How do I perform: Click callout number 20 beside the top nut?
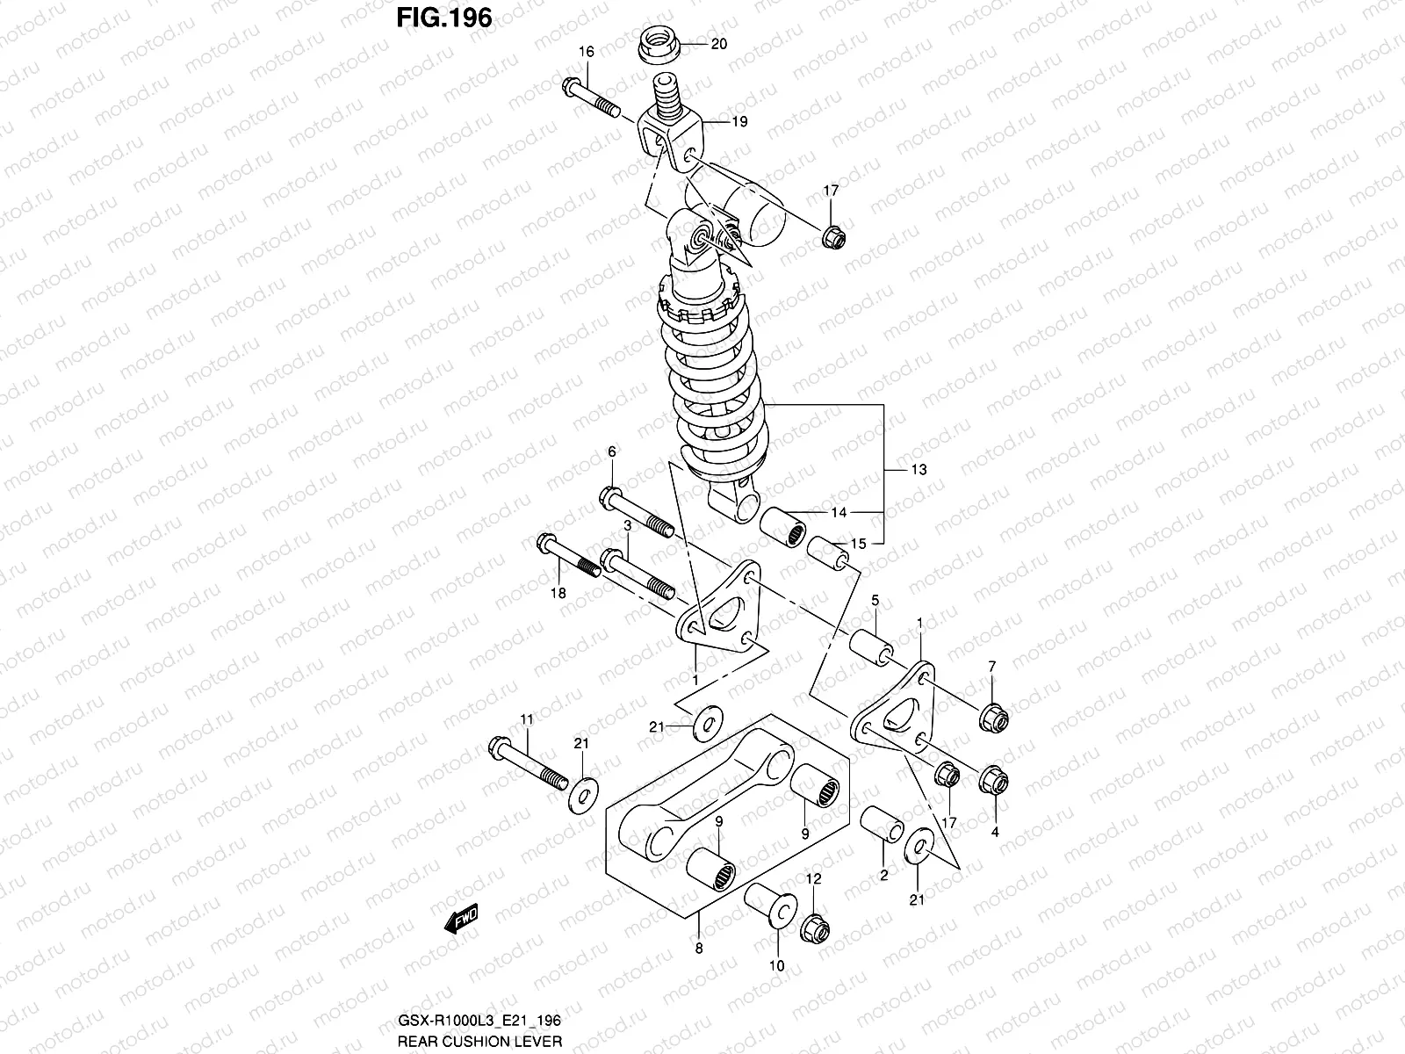point(718,45)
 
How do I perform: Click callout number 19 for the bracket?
point(739,122)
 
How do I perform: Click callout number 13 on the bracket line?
point(918,470)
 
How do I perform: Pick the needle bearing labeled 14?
point(783,529)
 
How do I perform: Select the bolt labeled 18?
point(566,559)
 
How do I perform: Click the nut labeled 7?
point(993,718)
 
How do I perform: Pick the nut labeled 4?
point(993,779)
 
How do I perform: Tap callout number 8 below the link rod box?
point(699,948)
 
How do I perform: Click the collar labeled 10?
point(768,905)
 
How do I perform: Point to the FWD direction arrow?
point(461,919)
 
